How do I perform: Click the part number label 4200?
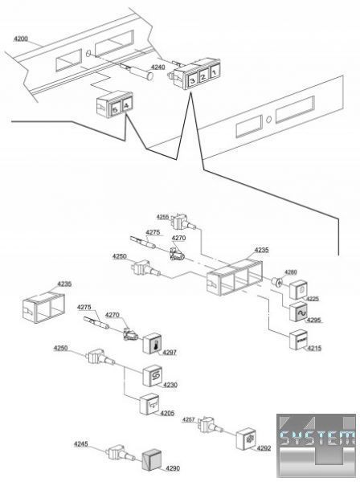pos(21,39)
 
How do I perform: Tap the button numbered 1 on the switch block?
pos(214,72)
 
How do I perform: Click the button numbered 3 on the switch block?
pos(192,80)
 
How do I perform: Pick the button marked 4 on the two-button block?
pos(127,105)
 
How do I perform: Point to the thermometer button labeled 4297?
pos(153,343)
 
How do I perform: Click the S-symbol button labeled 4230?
pos(153,375)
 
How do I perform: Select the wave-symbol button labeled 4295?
pos(300,312)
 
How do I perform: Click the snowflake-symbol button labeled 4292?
pos(246,439)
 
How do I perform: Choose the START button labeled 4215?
pos(299,340)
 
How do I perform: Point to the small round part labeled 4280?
pos(277,282)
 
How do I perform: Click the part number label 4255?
pos(162,217)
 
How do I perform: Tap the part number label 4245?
pos(80,444)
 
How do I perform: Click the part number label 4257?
pos(189,419)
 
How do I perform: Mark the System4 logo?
pos(316,446)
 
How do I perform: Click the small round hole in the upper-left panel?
pos(88,53)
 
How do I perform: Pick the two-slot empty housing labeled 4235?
pos(43,308)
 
